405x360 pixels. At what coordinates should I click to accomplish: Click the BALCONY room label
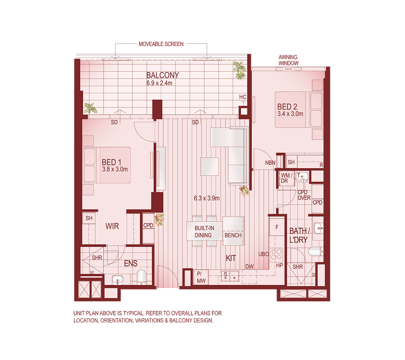[162, 75]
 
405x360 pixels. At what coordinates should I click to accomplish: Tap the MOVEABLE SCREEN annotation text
[161, 44]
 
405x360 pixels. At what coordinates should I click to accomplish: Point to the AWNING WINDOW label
[288, 60]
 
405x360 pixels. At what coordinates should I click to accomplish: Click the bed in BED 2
[299, 109]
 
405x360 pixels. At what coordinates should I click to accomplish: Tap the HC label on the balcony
[242, 97]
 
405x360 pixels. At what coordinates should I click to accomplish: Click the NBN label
[270, 163]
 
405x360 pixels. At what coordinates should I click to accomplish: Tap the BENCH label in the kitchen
[233, 235]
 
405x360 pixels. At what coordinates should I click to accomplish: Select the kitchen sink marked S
[225, 276]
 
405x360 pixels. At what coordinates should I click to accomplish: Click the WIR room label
[112, 226]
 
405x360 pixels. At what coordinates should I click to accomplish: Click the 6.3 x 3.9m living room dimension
[207, 198]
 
